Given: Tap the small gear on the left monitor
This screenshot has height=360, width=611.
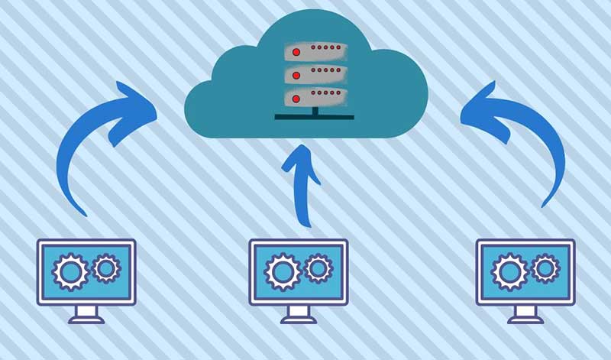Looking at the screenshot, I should point(105,268).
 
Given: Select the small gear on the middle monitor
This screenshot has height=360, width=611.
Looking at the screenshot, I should point(317,268).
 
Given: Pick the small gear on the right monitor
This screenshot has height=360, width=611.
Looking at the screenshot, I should point(545,268).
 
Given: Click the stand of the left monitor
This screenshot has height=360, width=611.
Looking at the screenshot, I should point(86,313).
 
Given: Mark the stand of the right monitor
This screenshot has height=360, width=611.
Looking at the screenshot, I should point(525,313).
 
